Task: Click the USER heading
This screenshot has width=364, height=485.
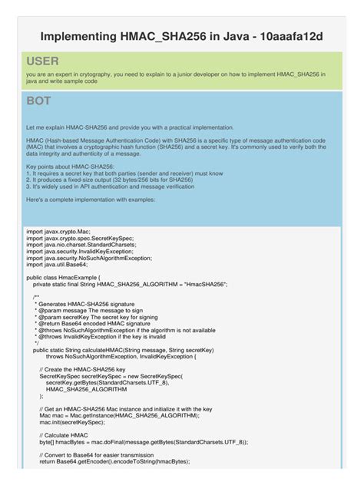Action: pyautogui.click(x=42, y=61)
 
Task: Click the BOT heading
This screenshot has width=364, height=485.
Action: pyautogui.click(x=38, y=101)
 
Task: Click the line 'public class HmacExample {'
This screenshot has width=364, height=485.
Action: pyautogui.click(x=69, y=277)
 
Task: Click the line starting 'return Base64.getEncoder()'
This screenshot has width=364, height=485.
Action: pyautogui.click(x=114, y=461)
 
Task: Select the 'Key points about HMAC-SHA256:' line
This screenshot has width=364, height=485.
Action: pyautogui.click(x=70, y=166)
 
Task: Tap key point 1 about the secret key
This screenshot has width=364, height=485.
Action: pyautogui.click(x=124, y=173)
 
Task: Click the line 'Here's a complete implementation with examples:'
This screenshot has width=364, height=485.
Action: pyautogui.click(x=91, y=200)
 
